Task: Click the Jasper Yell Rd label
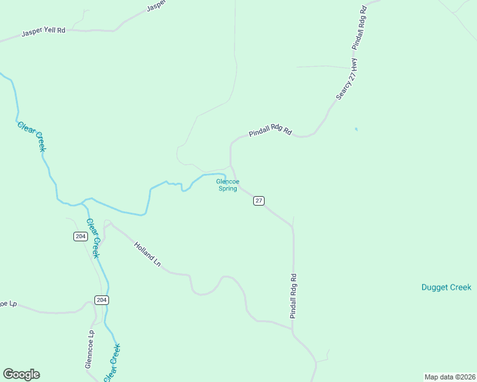tap(44, 31)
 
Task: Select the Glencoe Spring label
tap(226, 185)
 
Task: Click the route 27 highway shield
tap(258, 201)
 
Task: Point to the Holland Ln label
tap(147, 253)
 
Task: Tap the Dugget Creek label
tap(446, 287)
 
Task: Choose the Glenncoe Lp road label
tap(90, 349)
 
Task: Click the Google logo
tap(21, 374)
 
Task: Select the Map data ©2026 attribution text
tap(450, 377)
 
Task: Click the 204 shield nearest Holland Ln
tap(80, 236)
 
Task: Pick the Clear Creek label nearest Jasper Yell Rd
tap(32, 136)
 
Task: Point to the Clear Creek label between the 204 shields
tap(93, 238)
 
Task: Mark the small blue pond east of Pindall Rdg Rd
tap(356, 129)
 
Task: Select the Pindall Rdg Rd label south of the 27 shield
tap(293, 296)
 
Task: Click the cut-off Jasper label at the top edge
tap(156, 6)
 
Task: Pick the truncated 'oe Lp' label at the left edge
tap(7, 304)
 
